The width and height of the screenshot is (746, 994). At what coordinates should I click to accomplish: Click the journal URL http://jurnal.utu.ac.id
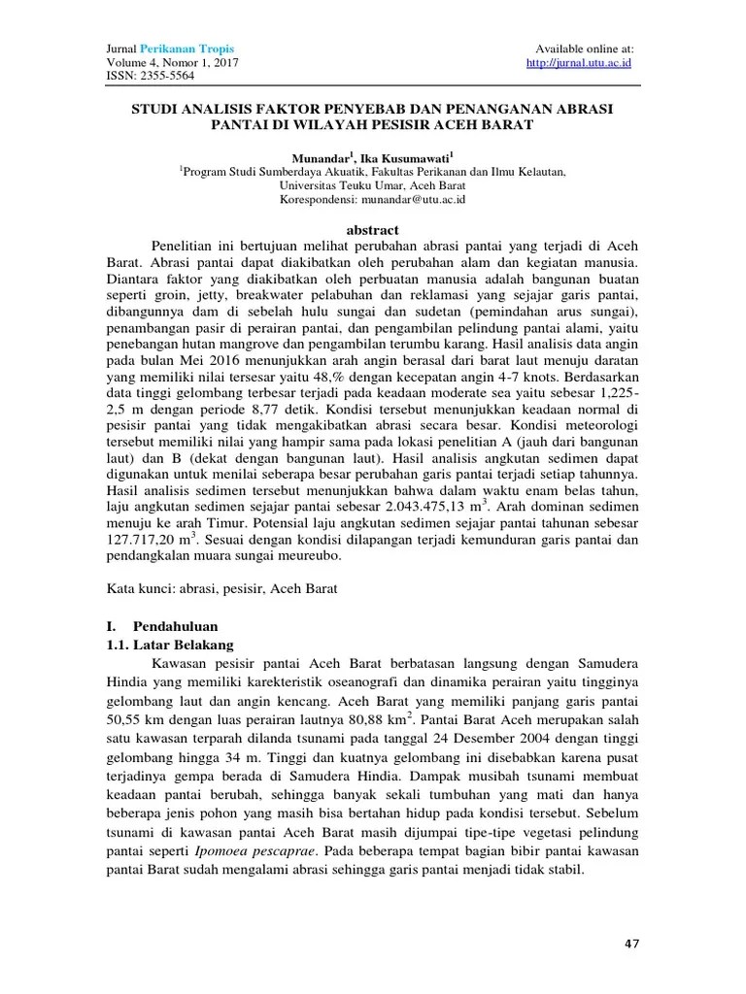[579, 63]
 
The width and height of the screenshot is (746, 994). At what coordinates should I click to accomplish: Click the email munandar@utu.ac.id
[413, 198]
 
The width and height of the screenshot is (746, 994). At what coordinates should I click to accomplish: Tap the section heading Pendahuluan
[175, 625]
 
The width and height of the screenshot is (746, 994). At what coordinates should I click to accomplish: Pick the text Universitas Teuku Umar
[342, 183]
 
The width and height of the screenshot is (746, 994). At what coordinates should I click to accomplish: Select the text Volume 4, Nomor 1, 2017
[170, 63]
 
